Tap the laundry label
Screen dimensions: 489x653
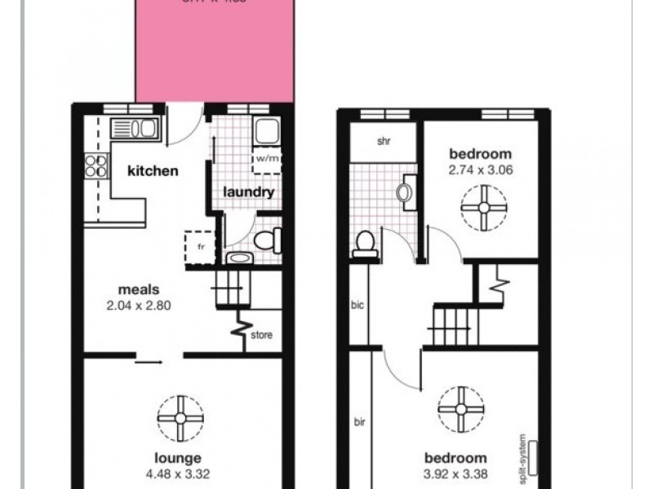pyautogui.click(x=249, y=193)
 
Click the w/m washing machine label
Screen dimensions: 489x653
pyautogui.click(x=267, y=158)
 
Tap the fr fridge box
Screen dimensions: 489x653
pyautogui.click(x=198, y=247)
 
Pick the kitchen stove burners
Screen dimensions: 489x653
pyautogui.click(x=96, y=165)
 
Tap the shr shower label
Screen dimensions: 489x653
pyautogui.click(x=384, y=141)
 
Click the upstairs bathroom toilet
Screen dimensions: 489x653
pyautogui.click(x=366, y=244)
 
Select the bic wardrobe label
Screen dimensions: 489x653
pyautogui.click(x=357, y=306)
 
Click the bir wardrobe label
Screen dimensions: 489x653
pyautogui.click(x=359, y=423)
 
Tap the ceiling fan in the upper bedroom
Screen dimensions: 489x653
pyautogui.click(x=483, y=207)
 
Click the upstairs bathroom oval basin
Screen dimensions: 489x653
pyautogui.click(x=405, y=193)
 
